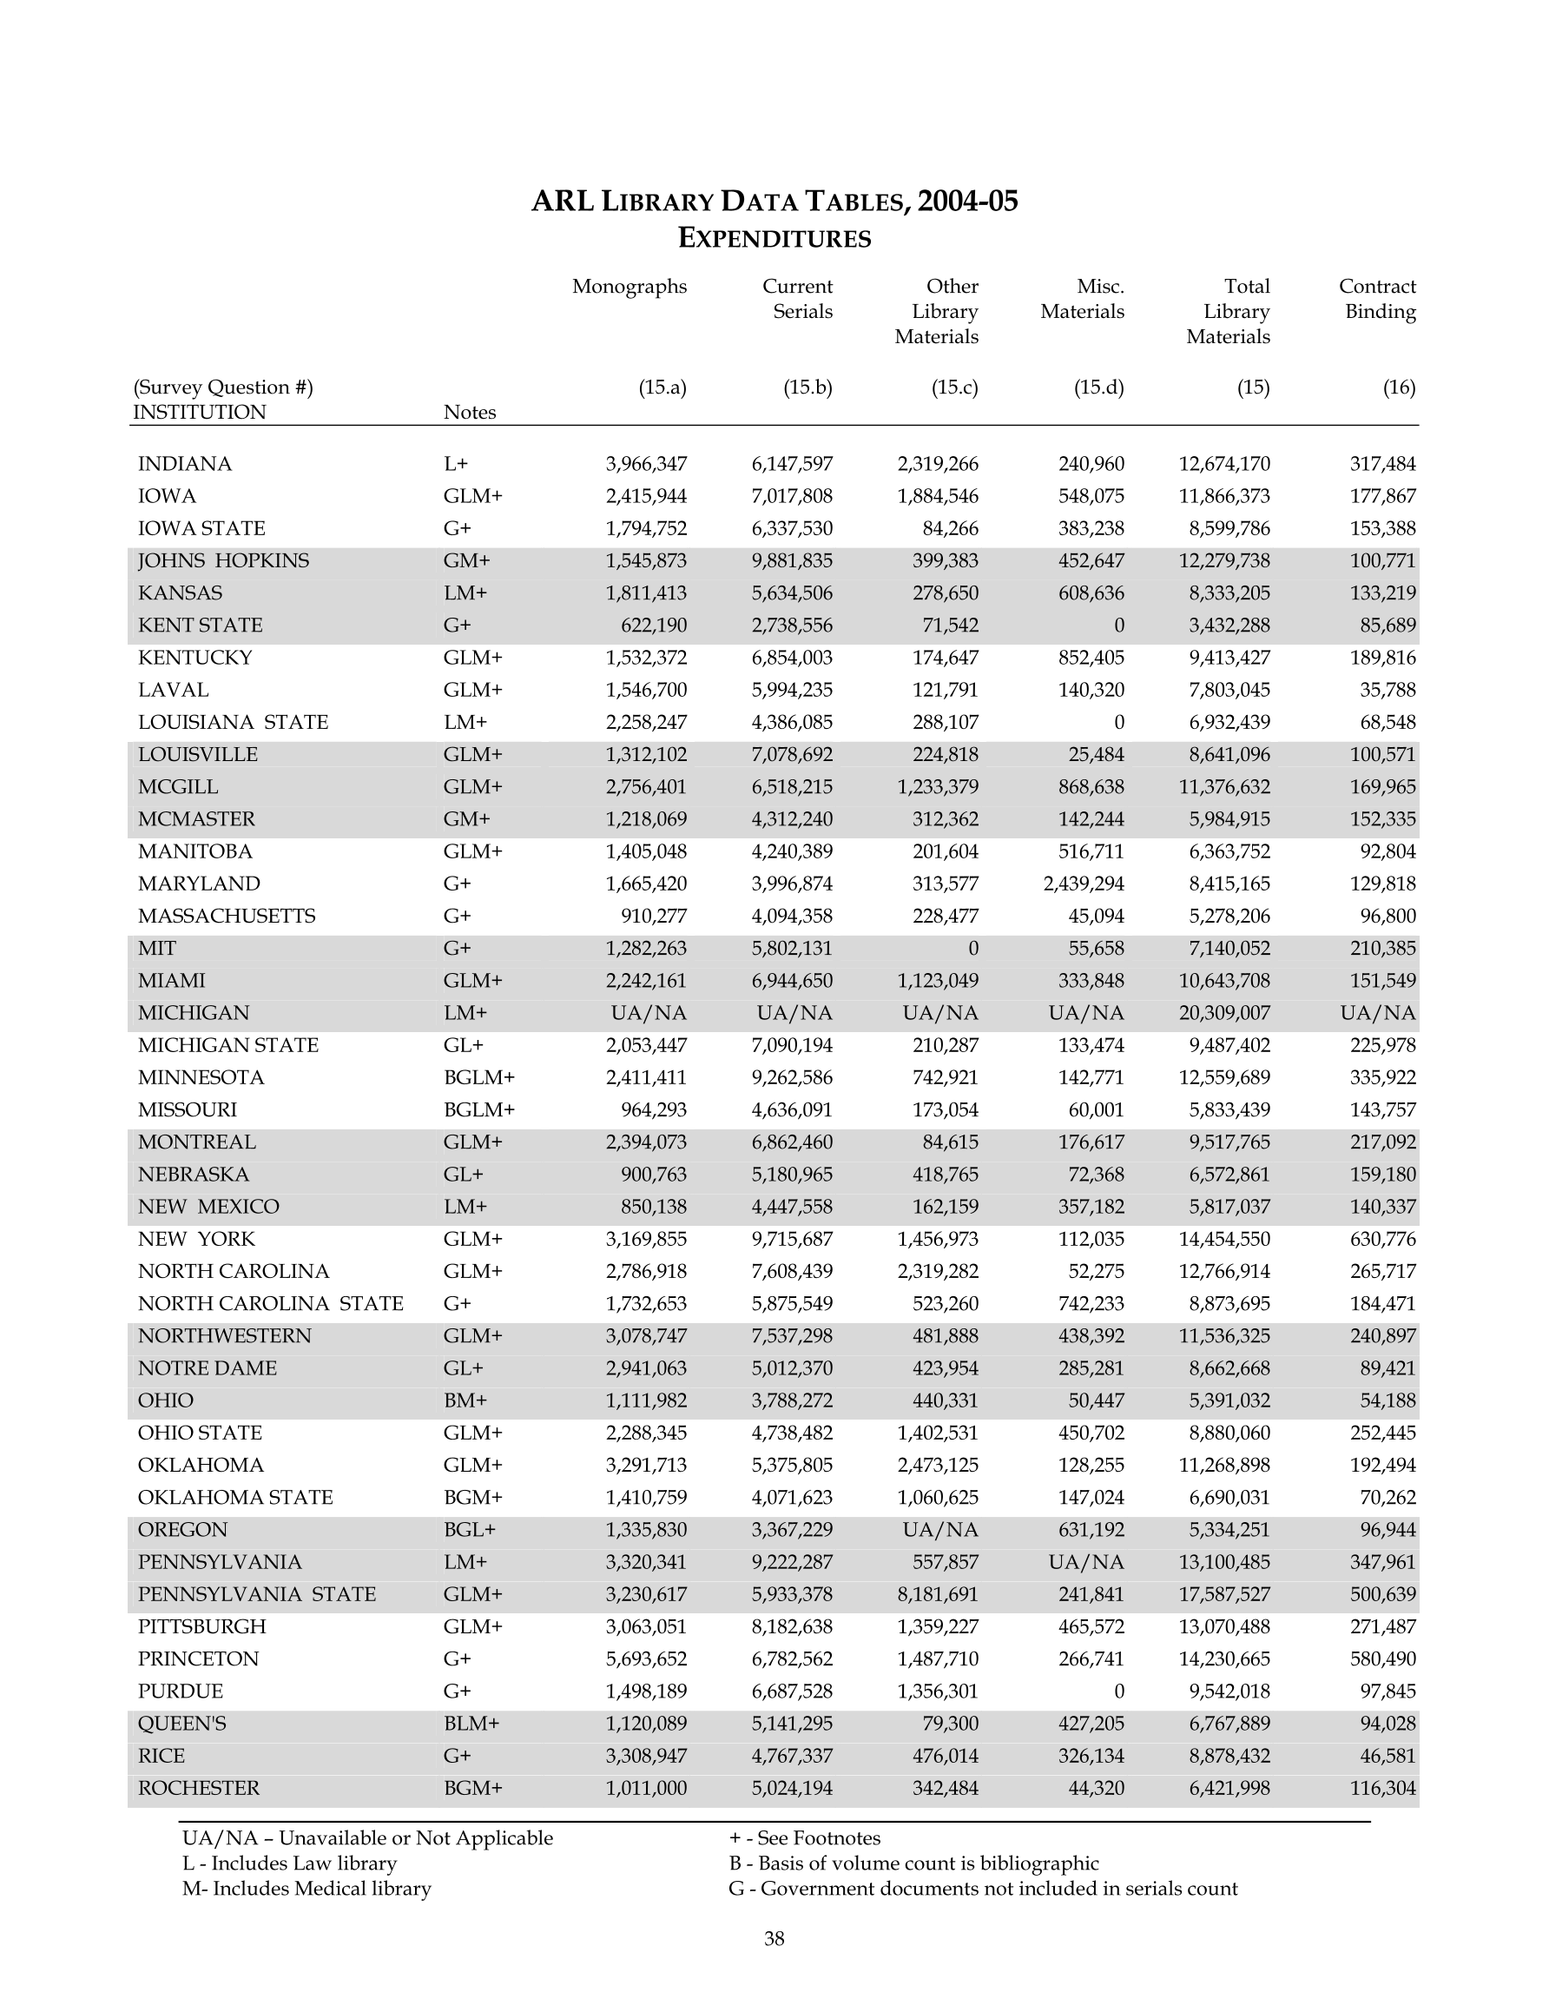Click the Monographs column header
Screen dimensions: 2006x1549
click(629, 287)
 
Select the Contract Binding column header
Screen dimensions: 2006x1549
click(1376, 300)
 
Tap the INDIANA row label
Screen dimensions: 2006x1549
click(185, 464)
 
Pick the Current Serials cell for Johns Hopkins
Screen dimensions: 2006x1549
click(792, 560)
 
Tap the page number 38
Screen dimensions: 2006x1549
click(774, 1938)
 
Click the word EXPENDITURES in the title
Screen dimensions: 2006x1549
click(774, 239)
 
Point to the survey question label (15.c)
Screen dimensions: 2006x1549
click(954, 387)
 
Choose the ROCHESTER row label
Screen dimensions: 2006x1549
click(198, 1787)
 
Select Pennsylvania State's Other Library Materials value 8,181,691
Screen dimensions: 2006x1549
click(938, 1593)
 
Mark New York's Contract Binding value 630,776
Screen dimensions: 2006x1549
click(1382, 1239)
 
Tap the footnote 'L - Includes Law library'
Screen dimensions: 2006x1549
click(289, 1863)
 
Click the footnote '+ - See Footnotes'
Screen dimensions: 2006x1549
click(804, 1838)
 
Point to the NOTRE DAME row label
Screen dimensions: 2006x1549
click(207, 1367)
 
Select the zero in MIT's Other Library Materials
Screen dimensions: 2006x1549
click(972, 948)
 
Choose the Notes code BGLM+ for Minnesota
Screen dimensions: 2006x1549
click(478, 1077)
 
